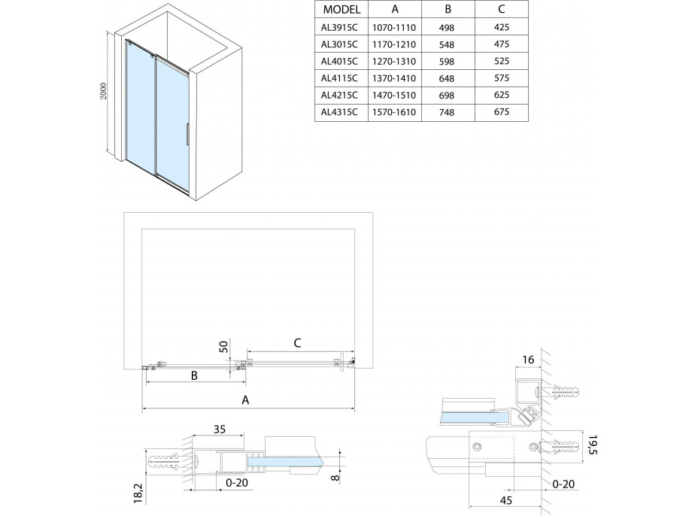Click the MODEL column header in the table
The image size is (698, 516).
pyautogui.click(x=341, y=11)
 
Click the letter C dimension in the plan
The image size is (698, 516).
pyautogui.click(x=297, y=342)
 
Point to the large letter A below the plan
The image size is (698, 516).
pyautogui.click(x=246, y=400)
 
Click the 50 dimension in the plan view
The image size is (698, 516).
pyautogui.click(x=223, y=348)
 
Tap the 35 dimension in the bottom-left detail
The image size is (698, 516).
pyautogui.click(x=219, y=431)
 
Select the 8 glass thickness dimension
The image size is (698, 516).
pyautogui.click(x=335, y=475)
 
